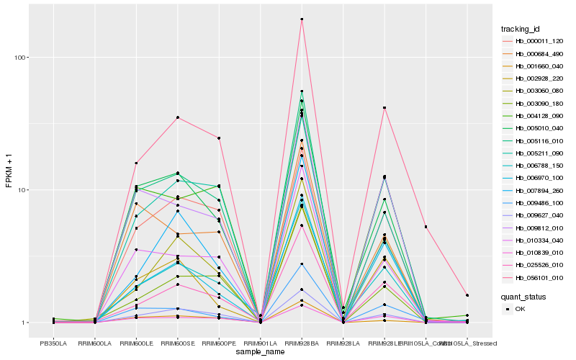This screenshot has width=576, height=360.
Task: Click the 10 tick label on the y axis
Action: tap(24, 190)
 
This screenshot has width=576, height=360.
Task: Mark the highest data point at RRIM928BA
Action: tap(302, 19)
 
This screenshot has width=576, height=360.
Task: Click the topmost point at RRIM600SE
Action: tap(177, 117)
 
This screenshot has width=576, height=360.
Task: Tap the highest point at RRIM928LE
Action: tap(384, 108)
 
